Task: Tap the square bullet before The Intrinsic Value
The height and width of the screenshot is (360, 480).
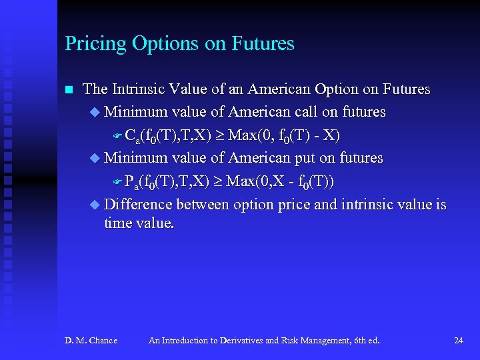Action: (x=68, y=89)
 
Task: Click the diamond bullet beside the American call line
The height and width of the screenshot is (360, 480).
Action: (x=95, y=112)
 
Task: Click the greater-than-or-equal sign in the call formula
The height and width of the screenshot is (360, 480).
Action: (x=220, y=136)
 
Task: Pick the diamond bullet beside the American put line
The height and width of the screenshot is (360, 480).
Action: (x=95, y=158)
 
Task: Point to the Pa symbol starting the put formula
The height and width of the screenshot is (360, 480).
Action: (x=131, y=182)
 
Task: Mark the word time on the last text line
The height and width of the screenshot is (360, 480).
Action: (x=117, y=223)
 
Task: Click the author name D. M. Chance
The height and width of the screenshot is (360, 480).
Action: (x=91, y=341)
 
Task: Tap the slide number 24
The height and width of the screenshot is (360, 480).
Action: (x=458, y=341)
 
